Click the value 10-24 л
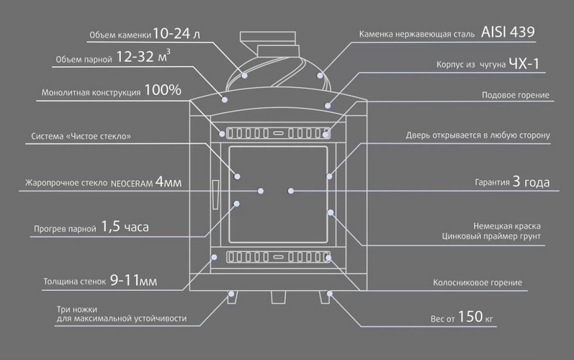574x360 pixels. (176, 34)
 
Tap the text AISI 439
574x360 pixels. (508, 32)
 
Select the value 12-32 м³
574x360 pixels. (143, 56)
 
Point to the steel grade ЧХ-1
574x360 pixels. (524, 64)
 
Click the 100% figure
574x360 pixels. (163, 90)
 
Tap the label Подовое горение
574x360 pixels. (516, 95)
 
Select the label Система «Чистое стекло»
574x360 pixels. (81, 137)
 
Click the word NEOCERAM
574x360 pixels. (131, 184)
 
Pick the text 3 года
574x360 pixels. (531, 181)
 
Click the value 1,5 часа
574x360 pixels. (125, 227)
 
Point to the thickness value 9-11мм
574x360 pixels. (133, 281)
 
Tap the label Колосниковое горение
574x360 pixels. (477, 282)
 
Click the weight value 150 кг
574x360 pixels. (475, 317)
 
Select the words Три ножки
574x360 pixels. (77, 310)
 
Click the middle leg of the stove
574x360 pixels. (278, 297)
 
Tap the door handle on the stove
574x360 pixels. (215, 194)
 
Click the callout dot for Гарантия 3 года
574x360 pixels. (291, 191)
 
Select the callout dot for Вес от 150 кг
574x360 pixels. (330, 294)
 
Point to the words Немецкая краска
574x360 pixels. (506, 226)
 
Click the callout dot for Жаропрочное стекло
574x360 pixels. (261, 191)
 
